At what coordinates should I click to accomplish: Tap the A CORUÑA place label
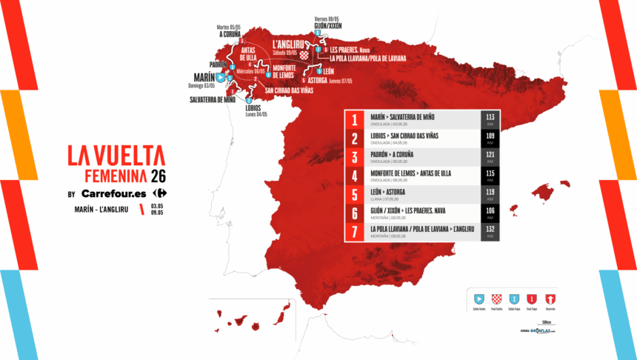pos(231,33)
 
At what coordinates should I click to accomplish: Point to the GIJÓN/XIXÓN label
pos(329,24)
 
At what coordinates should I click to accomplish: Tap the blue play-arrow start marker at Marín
pos(221,76)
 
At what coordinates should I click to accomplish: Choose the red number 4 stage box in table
pos(356,176)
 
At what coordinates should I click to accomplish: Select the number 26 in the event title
pos(158,176)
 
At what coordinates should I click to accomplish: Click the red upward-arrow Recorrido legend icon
pos(550,299)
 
